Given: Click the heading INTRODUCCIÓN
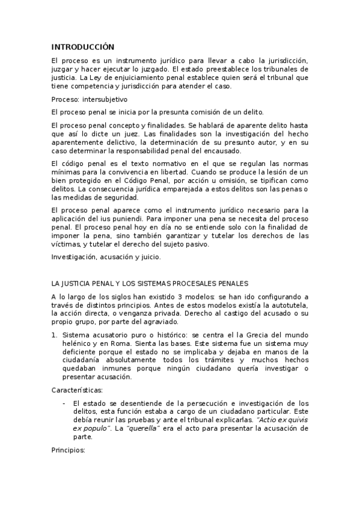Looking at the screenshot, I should [82, 46].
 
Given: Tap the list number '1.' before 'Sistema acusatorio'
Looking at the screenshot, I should [55, 334].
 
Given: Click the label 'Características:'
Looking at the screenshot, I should [77, 390].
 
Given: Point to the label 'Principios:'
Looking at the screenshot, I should [69, 450].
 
